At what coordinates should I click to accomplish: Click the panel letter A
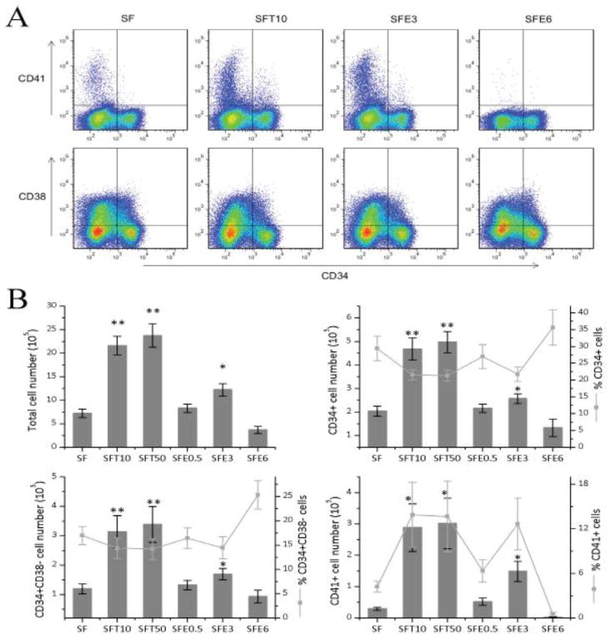[18, 18]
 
